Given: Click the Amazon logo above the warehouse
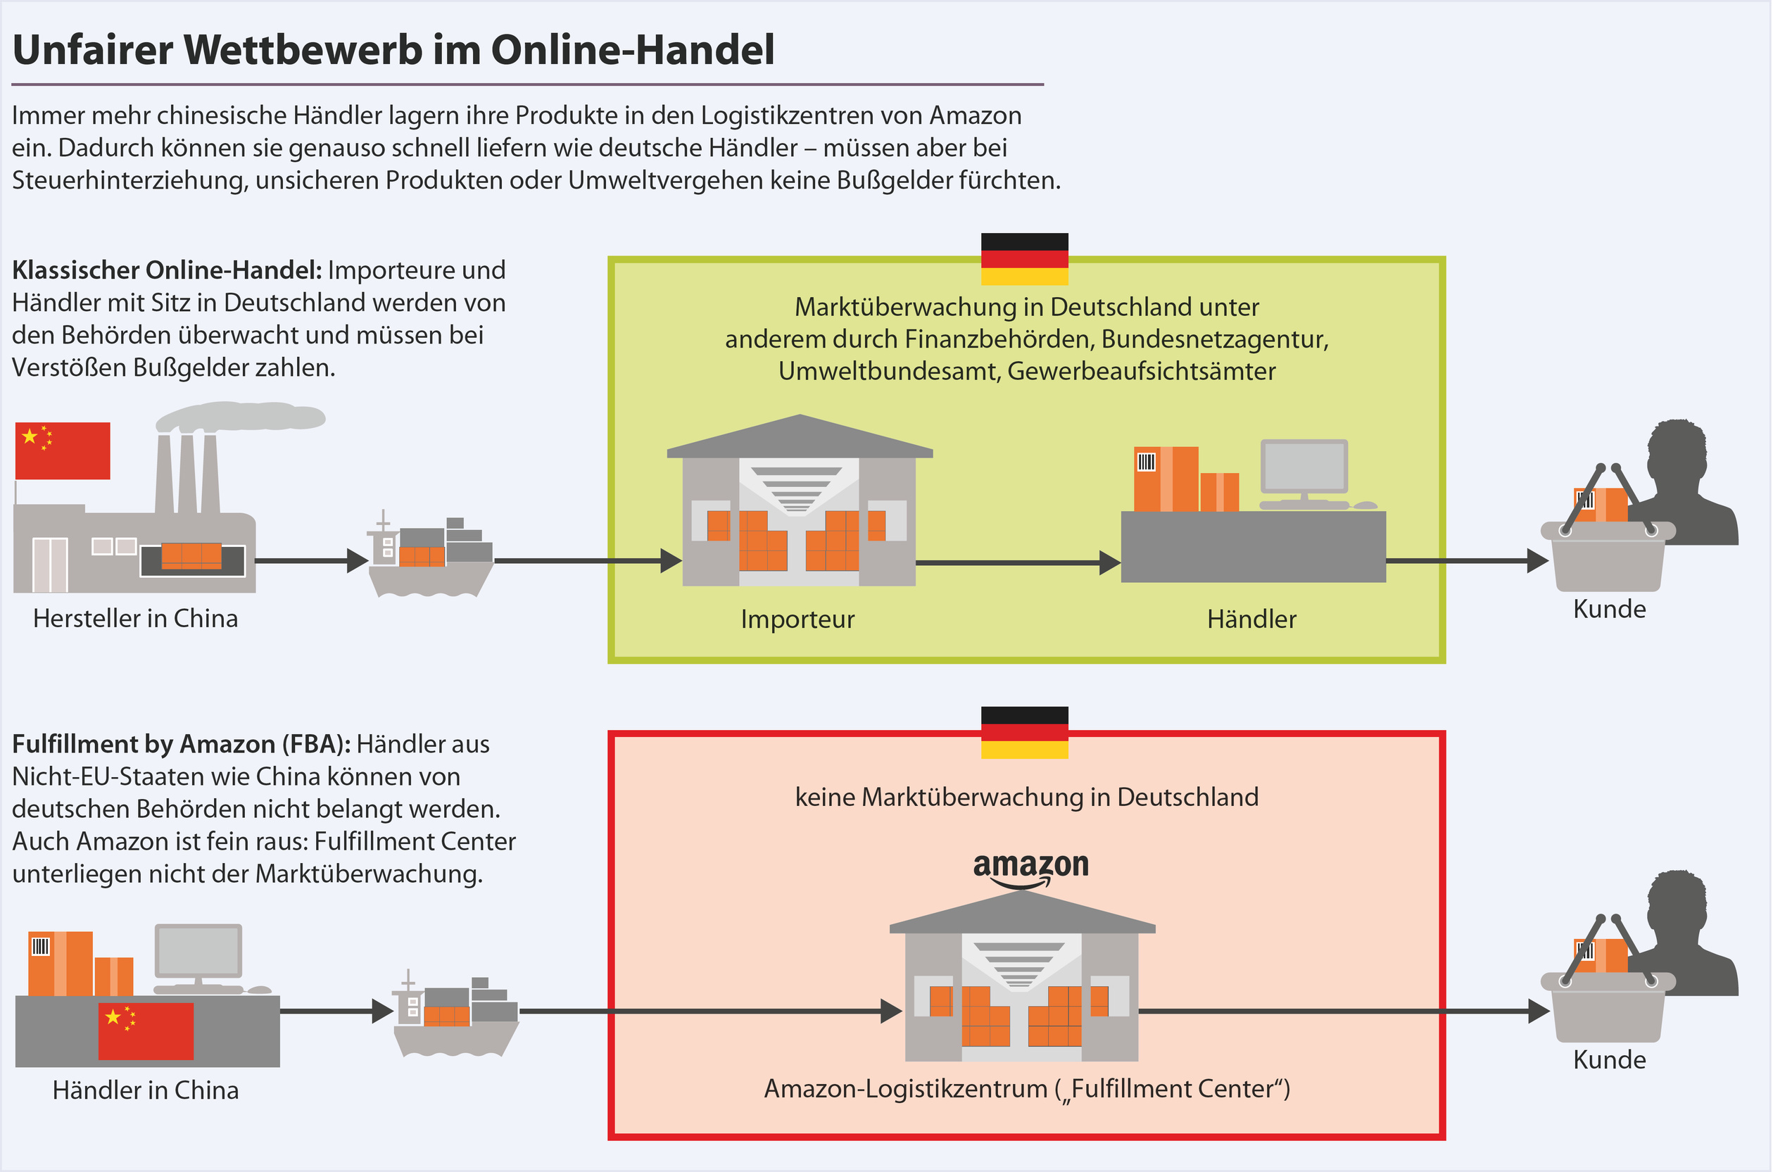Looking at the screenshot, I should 1030,869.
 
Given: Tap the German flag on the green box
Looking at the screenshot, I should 1024,258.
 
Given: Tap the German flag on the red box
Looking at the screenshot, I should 1024,733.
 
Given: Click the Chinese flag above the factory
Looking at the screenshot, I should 63,450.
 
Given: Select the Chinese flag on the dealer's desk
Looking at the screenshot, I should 146,1031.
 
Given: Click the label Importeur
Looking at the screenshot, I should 797,619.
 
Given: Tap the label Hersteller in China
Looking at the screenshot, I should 135,619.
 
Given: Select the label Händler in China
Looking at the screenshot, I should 146,1090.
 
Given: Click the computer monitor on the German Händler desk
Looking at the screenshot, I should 1304,467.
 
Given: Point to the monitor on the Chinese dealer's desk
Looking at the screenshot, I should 198,952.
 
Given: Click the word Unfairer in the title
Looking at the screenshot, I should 93,50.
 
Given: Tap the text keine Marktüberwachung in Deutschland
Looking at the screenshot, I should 1027,798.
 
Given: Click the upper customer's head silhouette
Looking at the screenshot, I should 1677,456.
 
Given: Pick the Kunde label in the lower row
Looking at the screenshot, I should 1610,1060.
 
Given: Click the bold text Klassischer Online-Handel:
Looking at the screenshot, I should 167,270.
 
